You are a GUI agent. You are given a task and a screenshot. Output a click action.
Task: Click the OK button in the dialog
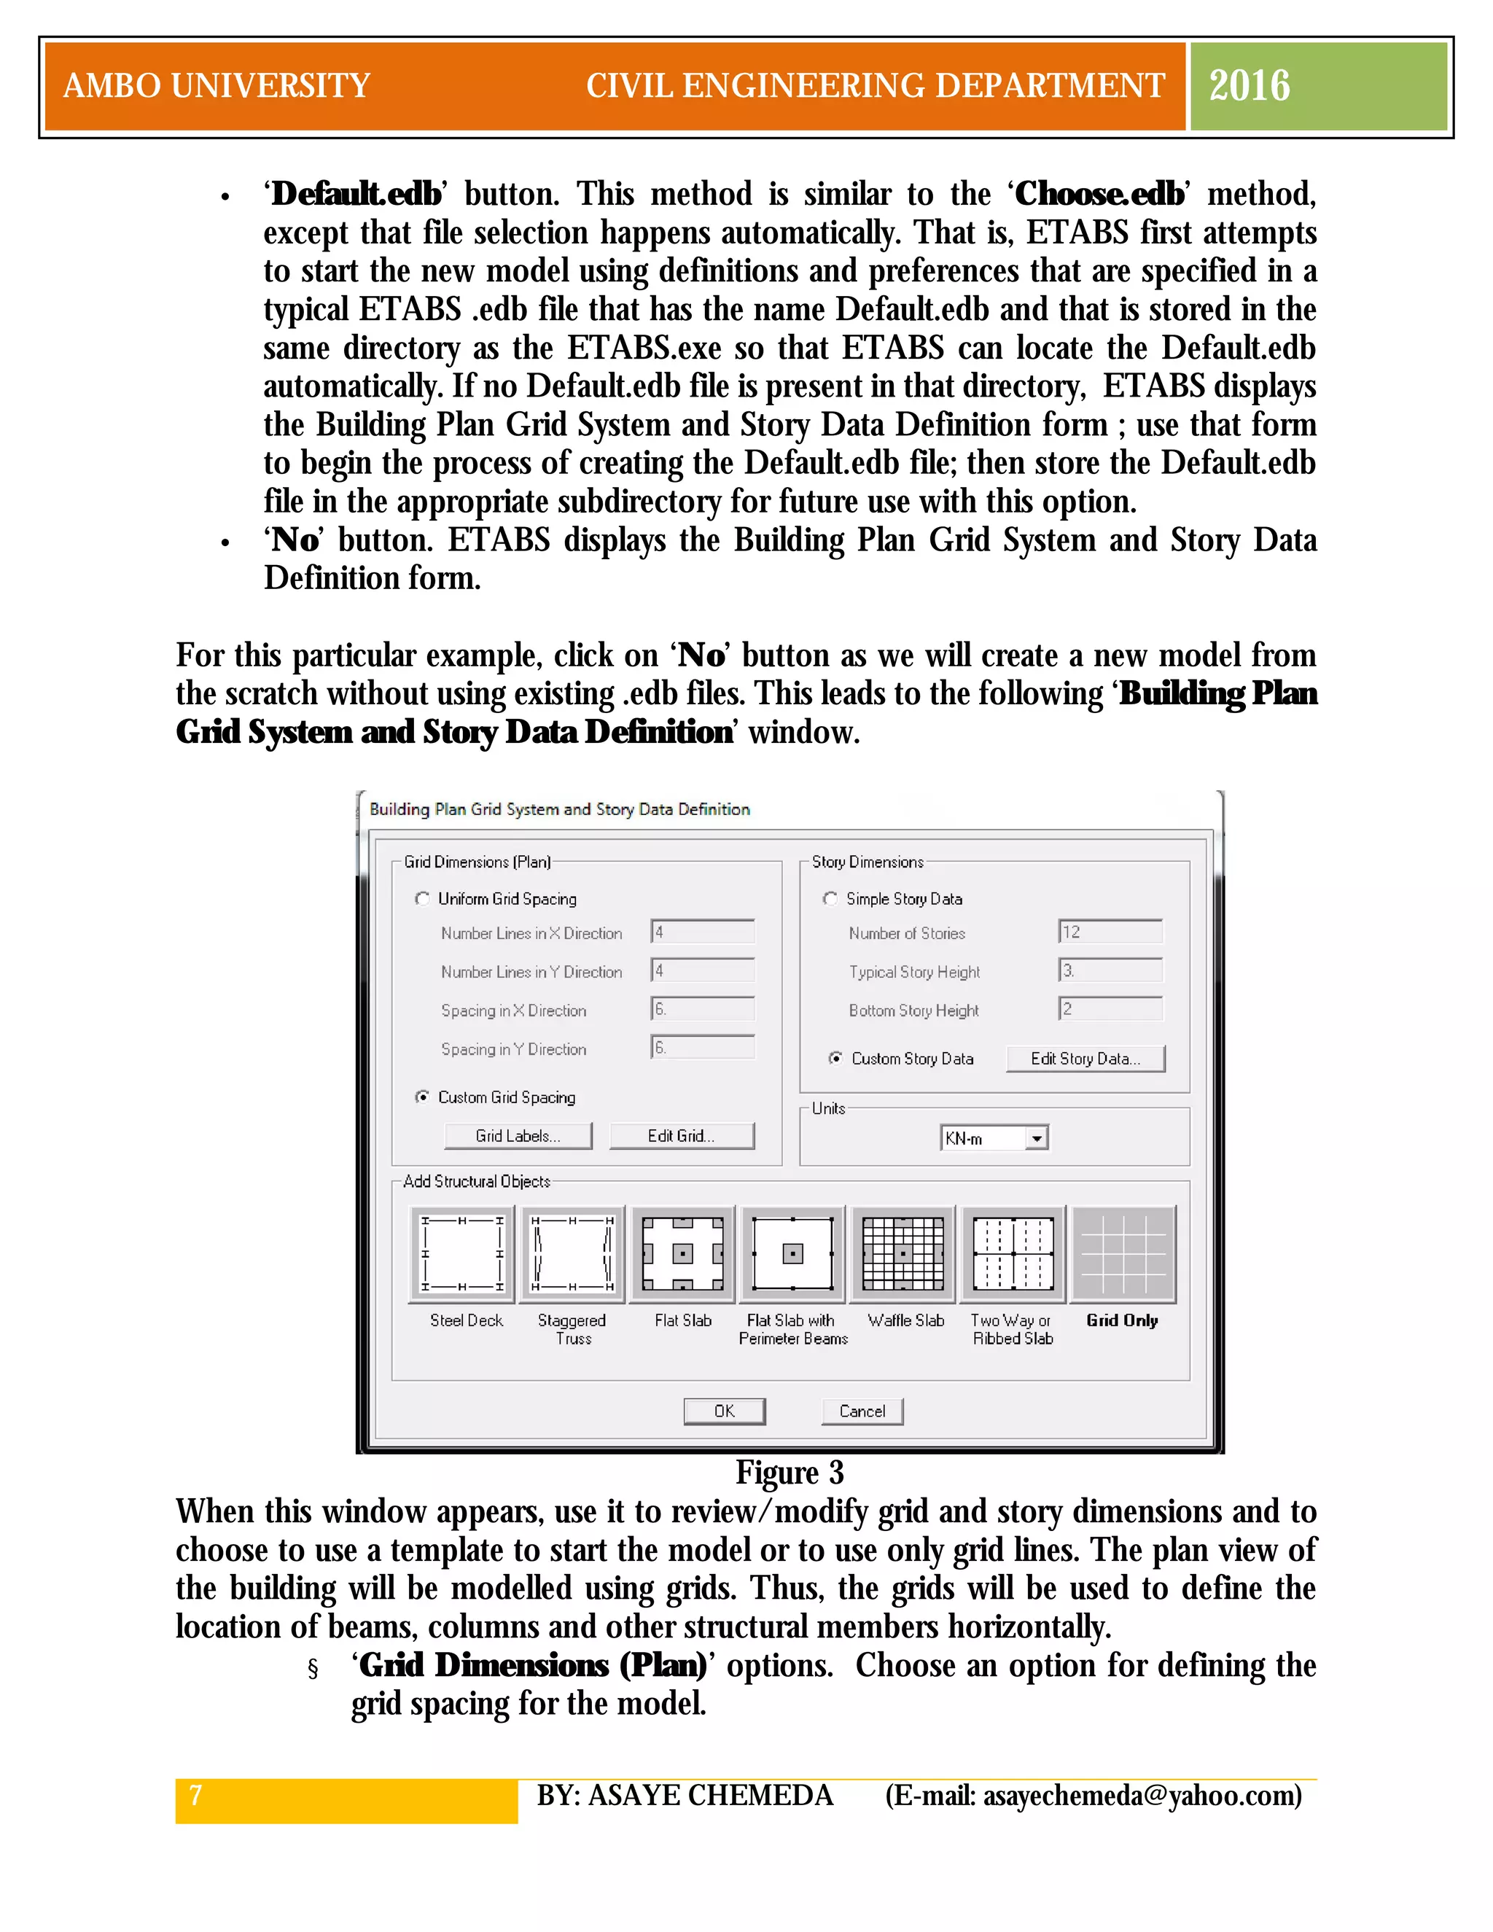(x=723, y=1410)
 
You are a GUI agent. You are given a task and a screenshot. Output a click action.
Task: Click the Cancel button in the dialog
(x=862, y=1410)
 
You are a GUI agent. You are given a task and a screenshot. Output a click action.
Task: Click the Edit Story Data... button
(x=1085, y=1058)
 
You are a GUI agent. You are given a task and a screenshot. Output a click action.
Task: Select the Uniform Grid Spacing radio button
(x=423, y=898)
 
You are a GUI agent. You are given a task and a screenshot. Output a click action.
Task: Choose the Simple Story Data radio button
(x=830, y=898)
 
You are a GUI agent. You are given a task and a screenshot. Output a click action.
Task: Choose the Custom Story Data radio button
(x=835, y=1058)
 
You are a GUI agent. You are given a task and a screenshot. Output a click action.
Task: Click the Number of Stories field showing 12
(x=1110, y=932)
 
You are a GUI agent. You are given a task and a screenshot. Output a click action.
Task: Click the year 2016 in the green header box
(x=1249, y=86)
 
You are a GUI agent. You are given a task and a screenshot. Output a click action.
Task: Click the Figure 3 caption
(x=789, y=1473)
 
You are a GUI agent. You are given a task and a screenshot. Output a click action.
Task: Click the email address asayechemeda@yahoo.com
(x=1142, y=1796)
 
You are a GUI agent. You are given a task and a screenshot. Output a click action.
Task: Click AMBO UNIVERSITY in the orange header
(x=217, y=86)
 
